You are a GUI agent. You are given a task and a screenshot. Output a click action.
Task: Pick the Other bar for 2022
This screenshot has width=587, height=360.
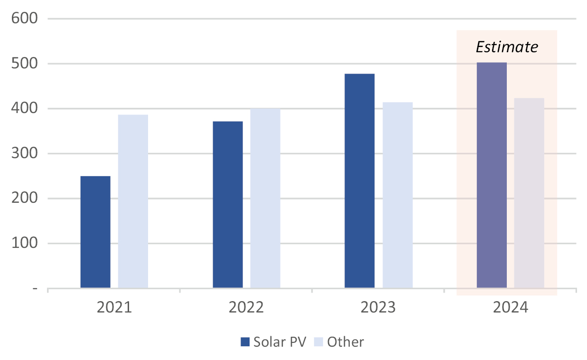click(x=265, y=198)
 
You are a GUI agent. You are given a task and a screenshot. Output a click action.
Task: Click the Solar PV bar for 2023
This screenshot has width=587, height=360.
click(x=360, y=180)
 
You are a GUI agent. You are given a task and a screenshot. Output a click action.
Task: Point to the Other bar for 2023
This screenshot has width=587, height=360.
click(x=398, y=195)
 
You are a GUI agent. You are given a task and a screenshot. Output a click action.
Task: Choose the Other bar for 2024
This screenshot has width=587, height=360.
click(x=529, y=193)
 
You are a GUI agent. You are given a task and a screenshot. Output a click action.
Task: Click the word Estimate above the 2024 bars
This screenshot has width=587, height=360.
click(x=507, y=47)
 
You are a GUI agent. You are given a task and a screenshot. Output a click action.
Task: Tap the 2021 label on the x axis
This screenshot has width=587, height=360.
click(x=114, y=308)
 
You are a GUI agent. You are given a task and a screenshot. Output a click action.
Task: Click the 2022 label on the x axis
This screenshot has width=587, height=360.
click(x=246, y=308)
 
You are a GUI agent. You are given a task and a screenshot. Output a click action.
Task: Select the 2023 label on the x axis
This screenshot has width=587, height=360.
click(x=378, y=308)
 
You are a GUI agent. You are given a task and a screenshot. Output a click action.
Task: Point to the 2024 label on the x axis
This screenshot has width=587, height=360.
click(x=511, y=308)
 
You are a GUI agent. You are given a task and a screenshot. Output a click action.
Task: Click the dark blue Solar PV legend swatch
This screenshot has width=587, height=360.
click(x=245, y=342)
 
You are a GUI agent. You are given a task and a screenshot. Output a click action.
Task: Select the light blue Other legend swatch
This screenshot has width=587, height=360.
click(x=318, y=342)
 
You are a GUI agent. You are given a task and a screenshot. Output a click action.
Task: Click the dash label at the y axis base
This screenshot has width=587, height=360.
click(x=36, y=288)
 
